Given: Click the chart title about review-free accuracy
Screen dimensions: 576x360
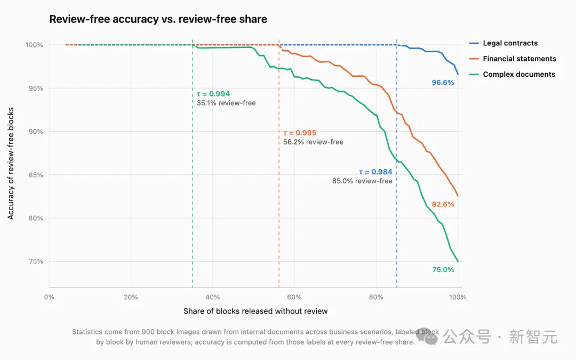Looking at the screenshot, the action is pyautogui.click(x=158, y=19).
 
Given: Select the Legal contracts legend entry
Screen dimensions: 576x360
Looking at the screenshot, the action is pyautogui.click(x=503, y=43).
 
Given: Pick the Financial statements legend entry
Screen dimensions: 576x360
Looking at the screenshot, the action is pyautogui.click(x=513, y=59).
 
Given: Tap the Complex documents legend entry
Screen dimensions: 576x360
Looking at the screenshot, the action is pyautogui.click(x=513, y=74).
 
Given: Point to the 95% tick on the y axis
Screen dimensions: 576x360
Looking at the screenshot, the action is pyautogui.click(x=36, y=88).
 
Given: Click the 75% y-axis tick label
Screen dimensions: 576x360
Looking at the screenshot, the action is pyautogui.click(x=36, y=261).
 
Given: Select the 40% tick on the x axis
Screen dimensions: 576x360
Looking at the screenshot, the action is pyautogui.click(x=212, y=297).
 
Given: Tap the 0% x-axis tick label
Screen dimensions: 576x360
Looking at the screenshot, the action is pyautogui.click(x=49, y=297).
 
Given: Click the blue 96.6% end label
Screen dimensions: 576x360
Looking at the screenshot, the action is pyautogui.click(x=443, y=83).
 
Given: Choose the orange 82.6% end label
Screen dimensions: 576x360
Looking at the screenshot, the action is pyautogui.click(x=443, y=205).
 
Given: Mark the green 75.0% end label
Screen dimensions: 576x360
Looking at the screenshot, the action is pyautogui.click(x=443, y=270).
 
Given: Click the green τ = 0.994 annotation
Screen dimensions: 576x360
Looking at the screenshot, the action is pyautogui.click(x=213, y=94).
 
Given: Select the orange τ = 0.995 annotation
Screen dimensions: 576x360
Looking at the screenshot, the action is pyautogui.click(x=300, y=133).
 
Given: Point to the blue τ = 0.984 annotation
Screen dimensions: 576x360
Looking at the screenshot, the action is pyautogui.click(x=375, y=172).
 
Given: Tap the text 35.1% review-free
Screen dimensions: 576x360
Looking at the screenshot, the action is pyautogui.click(x=226, y=103).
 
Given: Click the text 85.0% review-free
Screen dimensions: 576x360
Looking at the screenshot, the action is pyautogui.click(x=362, y=181).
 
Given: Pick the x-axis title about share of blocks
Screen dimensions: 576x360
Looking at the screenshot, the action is pyautogui.click(x=255, y=311).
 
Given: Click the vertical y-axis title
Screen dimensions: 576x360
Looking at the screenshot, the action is pyautogui.click(x=11, y=164).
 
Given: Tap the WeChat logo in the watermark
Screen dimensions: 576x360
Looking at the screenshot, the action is pyautogui.click(x=427, y=336).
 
